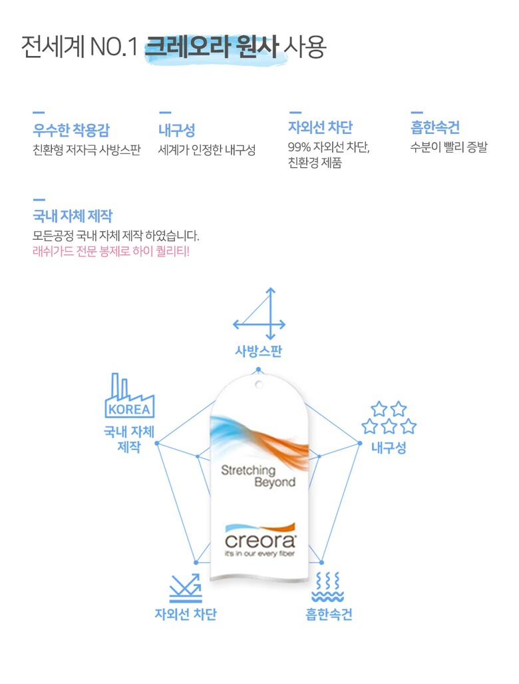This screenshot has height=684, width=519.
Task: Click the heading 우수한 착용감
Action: [x=73, y=130]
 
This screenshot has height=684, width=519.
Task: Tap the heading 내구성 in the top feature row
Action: [x=176, y=130]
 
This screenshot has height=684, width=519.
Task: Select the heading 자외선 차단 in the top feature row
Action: [x=320, y=127]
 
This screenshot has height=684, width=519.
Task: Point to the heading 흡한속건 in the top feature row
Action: [x=435, y=127]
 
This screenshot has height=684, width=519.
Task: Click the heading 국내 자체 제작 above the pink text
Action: [x=73, y=216]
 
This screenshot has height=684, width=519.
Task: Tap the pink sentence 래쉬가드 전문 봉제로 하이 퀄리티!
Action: [x=111, y=252]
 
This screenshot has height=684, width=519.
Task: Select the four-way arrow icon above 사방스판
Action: [x=260, y=314]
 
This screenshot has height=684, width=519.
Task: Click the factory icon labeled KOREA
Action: [x=128, y=398]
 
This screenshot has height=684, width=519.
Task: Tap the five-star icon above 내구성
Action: [x=389, y=418]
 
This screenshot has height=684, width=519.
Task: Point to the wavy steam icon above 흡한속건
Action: [x=328, y=587]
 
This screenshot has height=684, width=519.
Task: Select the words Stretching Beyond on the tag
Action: [x=258, y=476]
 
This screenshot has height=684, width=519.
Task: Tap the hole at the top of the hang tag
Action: [x=258, y=384]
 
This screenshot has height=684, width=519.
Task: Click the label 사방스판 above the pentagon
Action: [x=258, y=352]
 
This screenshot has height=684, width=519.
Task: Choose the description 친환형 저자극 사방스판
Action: [x=86, y=149]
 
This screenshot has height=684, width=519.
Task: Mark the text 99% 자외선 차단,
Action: [x=329, y=147]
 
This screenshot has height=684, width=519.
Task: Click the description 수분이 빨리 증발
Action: [x=448, y=147]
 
